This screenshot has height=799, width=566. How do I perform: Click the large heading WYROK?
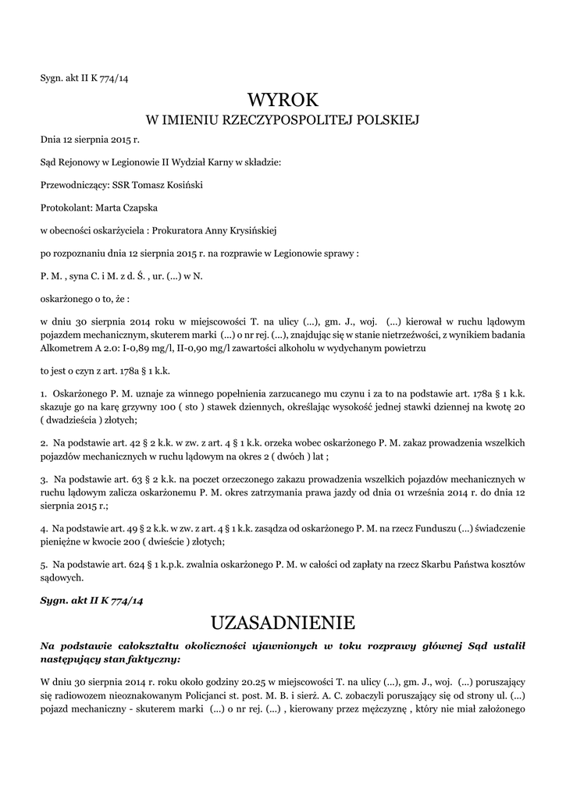(283, 101)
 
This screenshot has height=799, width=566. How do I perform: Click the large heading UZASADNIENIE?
(283, 623)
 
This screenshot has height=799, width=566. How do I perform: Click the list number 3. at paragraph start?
(44, 478)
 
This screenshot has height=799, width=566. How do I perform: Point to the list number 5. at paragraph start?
(44, 563)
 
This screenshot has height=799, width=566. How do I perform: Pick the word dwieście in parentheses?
(182, 541)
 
